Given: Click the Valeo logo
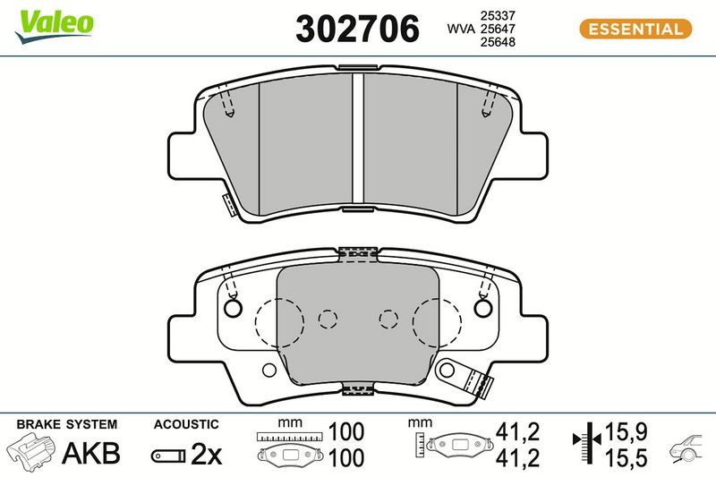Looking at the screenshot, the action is [54, 26].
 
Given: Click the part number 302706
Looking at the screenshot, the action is [357, 29].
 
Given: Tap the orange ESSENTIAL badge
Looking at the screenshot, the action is [635, 30].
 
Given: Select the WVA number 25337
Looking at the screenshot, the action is [498, 15].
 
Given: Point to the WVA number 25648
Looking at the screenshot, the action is [498, 42].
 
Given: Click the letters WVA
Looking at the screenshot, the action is [461, 29].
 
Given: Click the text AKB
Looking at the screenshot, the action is [91, 453].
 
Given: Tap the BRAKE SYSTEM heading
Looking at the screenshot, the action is [66, 424].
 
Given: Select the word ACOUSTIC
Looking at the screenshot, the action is [186, 424].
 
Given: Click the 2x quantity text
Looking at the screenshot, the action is [206, 454].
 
